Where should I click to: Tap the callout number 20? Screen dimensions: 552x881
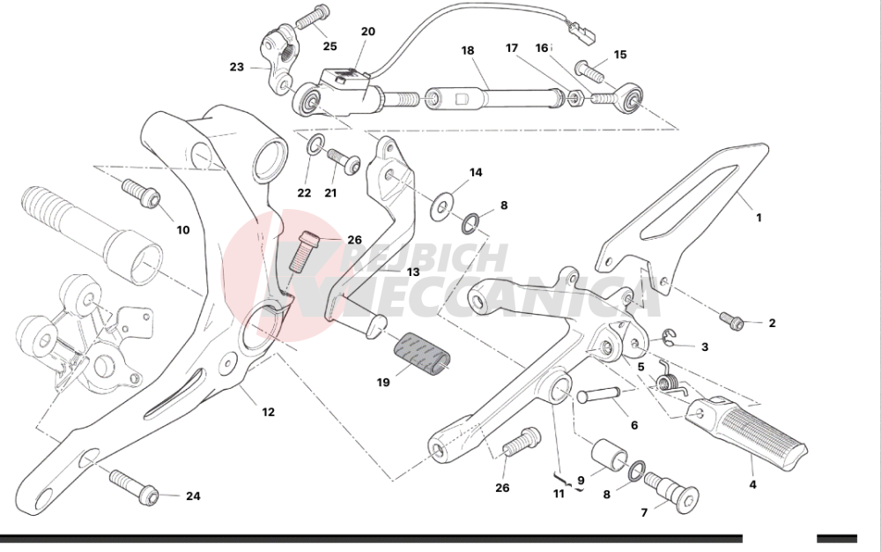tap(367, 32)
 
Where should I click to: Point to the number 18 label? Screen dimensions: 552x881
tap(468, 51)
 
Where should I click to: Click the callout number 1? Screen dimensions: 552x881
tap(759, 216)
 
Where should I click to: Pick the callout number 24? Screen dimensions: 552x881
tap(193, 496)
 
